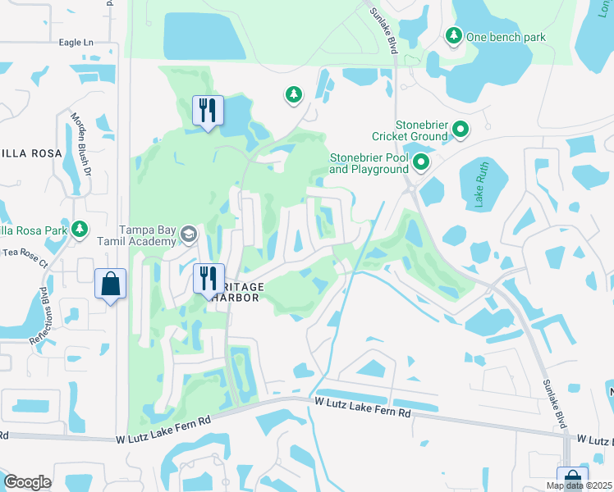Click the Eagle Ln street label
tap(83, 42)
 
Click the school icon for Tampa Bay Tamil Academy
tap(188, 235)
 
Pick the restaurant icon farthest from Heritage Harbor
tap(208, 110)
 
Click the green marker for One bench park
tap(453, 35)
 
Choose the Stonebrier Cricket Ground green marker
tap(460, 129)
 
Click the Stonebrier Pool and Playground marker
tap(421, 162)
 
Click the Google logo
tap(27, 482)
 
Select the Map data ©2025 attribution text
tap(580, 485)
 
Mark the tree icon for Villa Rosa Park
tap(80, 229)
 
